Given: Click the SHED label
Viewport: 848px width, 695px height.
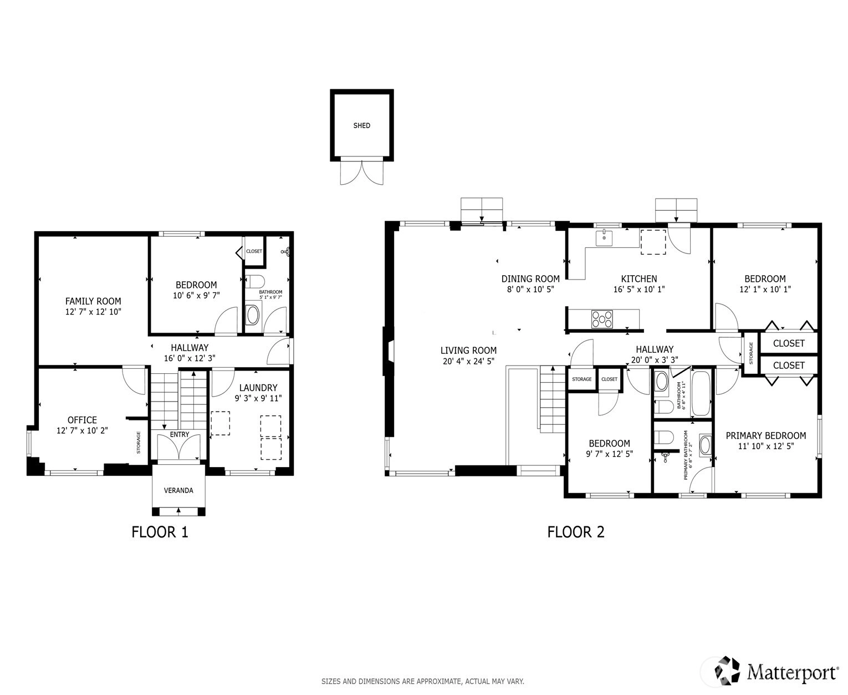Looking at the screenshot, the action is [x=361, y=125].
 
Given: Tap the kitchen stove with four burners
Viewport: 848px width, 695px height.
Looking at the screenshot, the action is [x=602, y=319].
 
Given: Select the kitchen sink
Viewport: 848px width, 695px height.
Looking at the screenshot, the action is [x=604, y=238].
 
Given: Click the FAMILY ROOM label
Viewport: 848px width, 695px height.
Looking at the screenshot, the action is [x=93, y=301].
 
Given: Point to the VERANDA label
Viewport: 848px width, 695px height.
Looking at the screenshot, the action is [x=178, y=490].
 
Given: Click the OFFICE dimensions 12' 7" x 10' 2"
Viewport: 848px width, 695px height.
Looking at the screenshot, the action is [x=82, y=430].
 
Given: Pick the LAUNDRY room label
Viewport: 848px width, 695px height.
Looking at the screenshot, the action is [x=258, y=388].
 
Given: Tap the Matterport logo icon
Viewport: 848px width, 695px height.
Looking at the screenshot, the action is [x=727, y=670].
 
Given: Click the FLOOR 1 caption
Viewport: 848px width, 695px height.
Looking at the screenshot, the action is [x=160, y=532].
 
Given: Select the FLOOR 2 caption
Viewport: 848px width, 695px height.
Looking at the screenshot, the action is [x=575, y=532].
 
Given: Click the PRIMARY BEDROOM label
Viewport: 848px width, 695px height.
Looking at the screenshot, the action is [x=765, y=435].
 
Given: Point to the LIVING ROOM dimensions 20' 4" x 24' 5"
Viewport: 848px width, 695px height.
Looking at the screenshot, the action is [x=468, y=362].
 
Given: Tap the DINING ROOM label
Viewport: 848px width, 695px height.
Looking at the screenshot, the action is [x=530, y=278].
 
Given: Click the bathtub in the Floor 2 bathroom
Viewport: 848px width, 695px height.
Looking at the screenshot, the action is [x=701, y=393].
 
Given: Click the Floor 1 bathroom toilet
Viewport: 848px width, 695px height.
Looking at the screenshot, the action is [x=254, y=281].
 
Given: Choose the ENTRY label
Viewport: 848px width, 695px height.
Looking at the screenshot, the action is [x=180, y=434].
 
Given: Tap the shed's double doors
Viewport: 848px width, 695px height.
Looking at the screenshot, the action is [x=362, y=173].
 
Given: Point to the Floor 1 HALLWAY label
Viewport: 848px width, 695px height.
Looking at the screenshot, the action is [x=190, y=347].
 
